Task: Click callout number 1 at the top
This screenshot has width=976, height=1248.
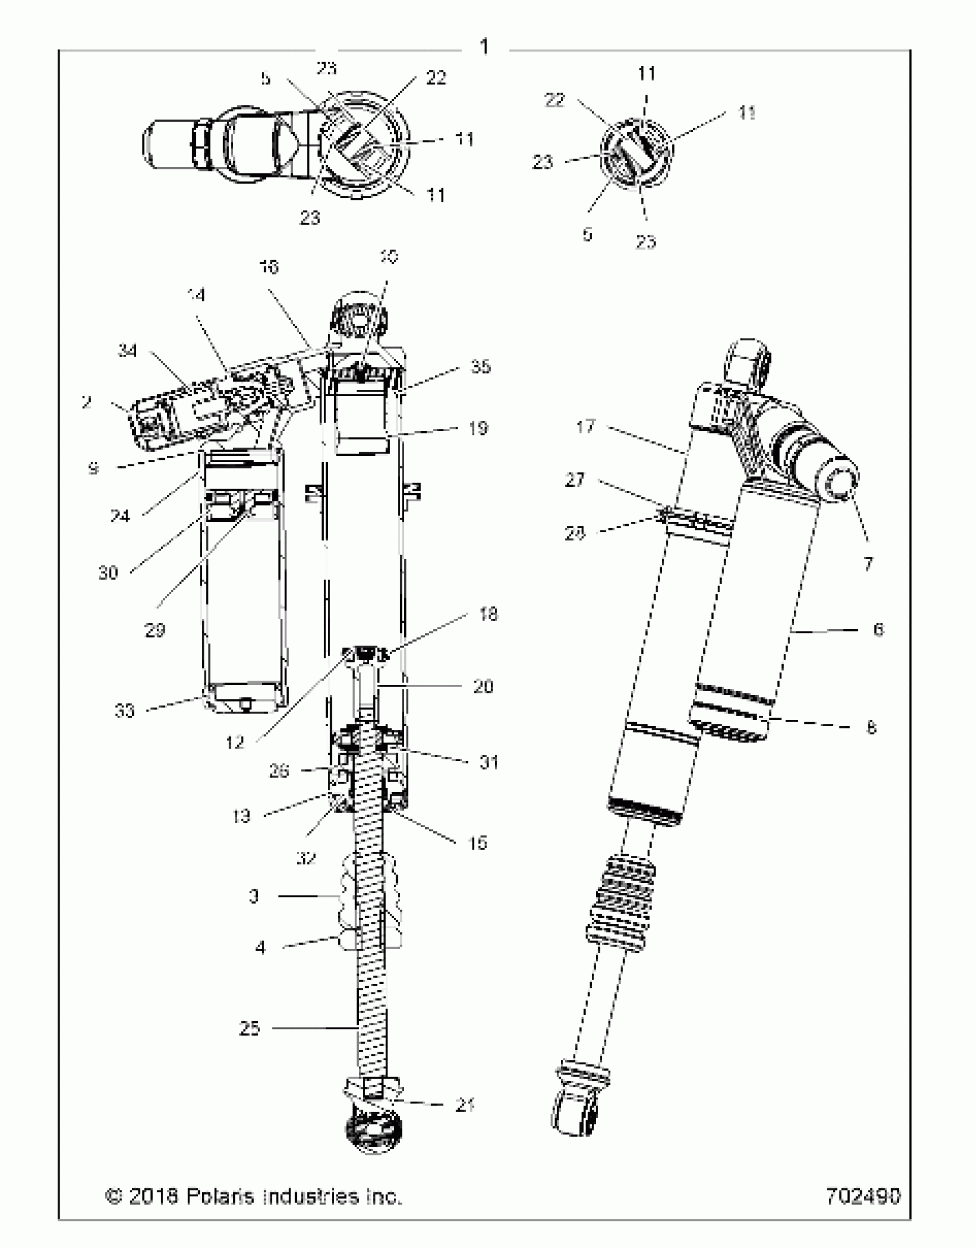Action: point(484,46)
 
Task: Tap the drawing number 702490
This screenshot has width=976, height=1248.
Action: point(863,1196)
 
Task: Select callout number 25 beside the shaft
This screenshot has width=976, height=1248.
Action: point(250,1028)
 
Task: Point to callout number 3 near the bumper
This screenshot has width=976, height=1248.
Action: point(254,896)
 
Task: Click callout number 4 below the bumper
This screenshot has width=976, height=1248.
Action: point(260,947)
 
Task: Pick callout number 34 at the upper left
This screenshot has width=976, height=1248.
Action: point(127,350)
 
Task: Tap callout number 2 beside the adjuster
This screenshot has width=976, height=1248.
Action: point(86,402)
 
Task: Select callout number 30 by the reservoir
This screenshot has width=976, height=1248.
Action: point(108,572)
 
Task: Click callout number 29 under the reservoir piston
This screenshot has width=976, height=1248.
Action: point(154,630)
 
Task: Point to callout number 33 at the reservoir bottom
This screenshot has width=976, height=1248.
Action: point(125,711)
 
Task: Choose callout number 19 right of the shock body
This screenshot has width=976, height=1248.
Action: point(478,428)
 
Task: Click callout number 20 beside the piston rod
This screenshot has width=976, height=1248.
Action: point(483,687)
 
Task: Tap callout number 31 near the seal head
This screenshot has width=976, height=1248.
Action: point(489,762)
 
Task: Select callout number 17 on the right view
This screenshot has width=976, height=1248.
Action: point(586,427)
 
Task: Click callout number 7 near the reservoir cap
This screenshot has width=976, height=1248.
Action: point(868,564)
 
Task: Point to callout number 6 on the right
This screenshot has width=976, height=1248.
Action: point(878,630)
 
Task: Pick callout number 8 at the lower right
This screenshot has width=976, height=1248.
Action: point(871,727)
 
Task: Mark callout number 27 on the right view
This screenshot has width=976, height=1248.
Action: point(575,479)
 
